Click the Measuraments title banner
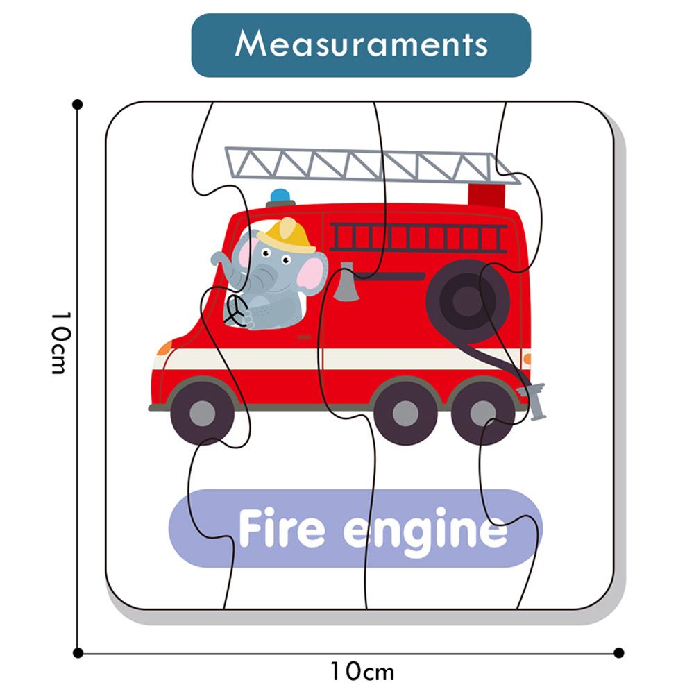point(361,45)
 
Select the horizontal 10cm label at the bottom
point(362,672)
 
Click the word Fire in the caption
point(281,530)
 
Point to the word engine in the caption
point(425,532)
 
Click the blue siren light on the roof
point(280,196)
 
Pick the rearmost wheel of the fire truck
point(482,414)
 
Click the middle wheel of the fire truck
point(405,414)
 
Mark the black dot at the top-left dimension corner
point(78,104)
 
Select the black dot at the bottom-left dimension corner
point(78,652)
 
